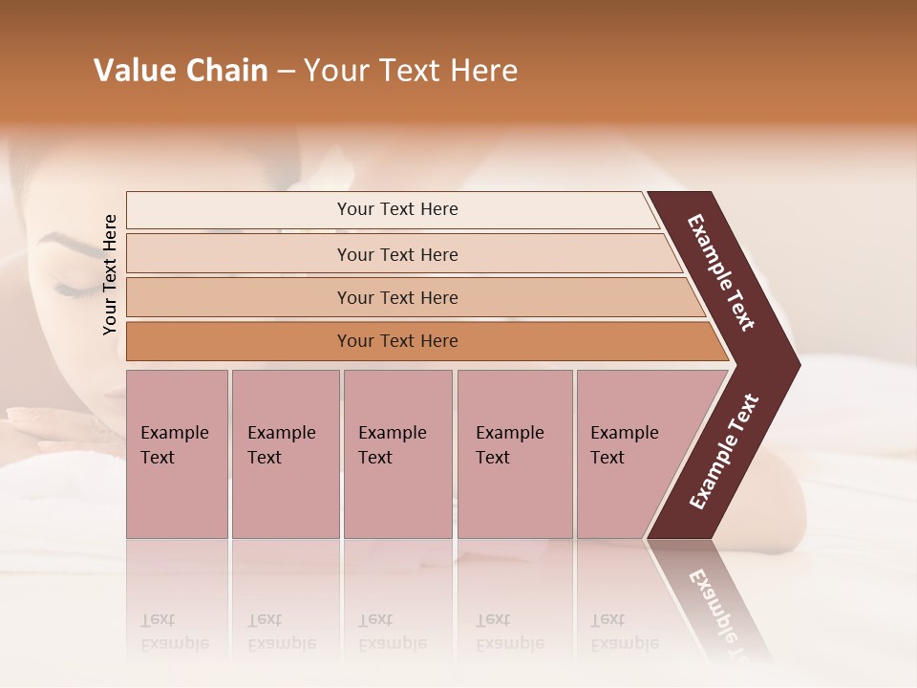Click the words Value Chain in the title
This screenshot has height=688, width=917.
(181, 71)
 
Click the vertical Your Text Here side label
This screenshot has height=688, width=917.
(110, 274)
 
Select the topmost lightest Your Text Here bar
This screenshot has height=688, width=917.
(396, 209)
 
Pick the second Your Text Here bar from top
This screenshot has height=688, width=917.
(396, 254)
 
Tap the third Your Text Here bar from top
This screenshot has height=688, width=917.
(396, 297)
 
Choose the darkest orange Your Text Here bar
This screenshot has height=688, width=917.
(396, 341)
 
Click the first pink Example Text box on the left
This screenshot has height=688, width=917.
(177, 454)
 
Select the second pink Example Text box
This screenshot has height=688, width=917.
(285, 454)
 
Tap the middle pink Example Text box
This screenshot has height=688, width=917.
(397, 454)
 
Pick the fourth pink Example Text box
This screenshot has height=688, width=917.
(514, 454)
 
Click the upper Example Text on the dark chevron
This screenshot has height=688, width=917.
(721, 272)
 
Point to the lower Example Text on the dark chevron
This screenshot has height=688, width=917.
(724, 452)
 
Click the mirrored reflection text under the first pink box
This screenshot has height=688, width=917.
(175, 632)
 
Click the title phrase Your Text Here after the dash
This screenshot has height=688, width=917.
(411, 71)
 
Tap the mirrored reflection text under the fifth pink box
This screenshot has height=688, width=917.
(624, 632)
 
